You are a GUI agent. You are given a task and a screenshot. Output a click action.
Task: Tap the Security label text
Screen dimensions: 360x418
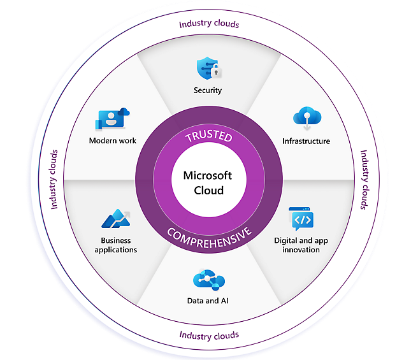pos(208,90)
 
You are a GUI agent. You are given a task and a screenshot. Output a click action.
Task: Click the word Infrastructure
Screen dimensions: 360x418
pos(306,141)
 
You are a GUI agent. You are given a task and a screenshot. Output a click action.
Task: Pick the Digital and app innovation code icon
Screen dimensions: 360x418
pos(301,219)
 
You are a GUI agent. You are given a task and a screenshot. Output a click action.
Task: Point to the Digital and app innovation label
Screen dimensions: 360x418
pos(301,245)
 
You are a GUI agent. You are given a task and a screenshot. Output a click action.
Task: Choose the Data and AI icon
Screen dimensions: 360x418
pos(208,279)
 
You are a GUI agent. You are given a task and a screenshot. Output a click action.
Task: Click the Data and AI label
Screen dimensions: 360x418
pos(208,301)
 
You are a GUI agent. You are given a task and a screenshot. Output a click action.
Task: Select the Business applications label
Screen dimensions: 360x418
pos(115,245)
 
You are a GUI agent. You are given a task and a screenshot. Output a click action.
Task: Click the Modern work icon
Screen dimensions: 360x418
pos(113,119)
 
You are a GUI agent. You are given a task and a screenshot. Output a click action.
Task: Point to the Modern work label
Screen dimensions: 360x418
pos(113,141)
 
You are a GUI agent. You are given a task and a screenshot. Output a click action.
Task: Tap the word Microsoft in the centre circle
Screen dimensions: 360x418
pos(208,176)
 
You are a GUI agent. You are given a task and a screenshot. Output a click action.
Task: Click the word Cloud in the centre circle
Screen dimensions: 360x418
pos(208,191)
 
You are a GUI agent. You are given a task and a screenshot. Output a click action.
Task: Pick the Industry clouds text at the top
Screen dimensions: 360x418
pos(209,24)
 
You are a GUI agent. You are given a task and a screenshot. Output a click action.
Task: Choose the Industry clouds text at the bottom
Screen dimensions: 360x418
pos(209,335)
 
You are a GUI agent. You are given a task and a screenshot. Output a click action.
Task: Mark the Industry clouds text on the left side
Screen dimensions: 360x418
pos(54,180)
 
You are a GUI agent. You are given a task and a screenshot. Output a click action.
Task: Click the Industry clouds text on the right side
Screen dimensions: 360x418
pos(364,180)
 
